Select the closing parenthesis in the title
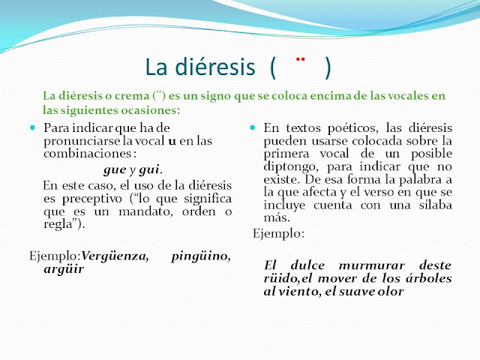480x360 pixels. point(328,67)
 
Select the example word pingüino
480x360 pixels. point(201,256)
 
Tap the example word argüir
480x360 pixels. point(64,268)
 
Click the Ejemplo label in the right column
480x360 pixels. point(277,234)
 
